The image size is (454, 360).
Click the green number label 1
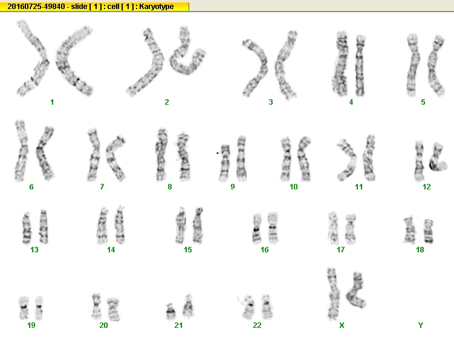pyautogui.click(x=52, y=102)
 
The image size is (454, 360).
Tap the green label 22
pyautogui.click(x=257, y=326)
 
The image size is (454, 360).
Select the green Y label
pyautogui.click(x=421, y=326)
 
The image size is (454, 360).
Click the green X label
pyautogui.click(x=342, y=326)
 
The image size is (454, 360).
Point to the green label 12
pyautogui.click(x=426, y=187)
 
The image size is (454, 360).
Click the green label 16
pyautogui.click(x=264, y=249)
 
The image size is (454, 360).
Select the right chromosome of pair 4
pyautogui.click(x=360, y=65)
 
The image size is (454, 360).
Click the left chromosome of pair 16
pyautogui.click(x=256, y=229)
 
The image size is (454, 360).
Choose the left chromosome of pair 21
pyautogui.click(x=170, y=312)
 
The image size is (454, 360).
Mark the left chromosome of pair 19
pyautogui.click(x=24, y=308)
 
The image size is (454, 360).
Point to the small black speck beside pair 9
pyautogui.click(x=217, y=152)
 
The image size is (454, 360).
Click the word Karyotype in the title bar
pyautogui.click(x=157, y=7)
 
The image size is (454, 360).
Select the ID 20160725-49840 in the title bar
pyautogui.click(x=36, y=7)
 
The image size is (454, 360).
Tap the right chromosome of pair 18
pyautogui.click(x=429, y=231)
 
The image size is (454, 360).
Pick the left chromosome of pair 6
pyautogui.click(x=21, y=151)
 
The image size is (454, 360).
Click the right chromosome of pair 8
pyautogui.click(x=184, y=157)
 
